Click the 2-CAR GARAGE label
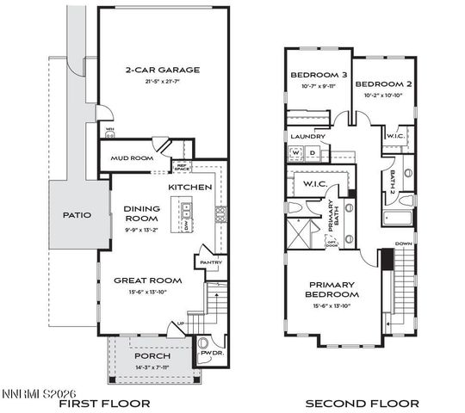[163, 70]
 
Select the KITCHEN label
[189, 187]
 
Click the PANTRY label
[211, 262]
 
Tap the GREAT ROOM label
[147, 280]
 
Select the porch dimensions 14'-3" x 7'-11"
[152, 368]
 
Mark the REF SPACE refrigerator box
[182, 168]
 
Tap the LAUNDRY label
[307, 136]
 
